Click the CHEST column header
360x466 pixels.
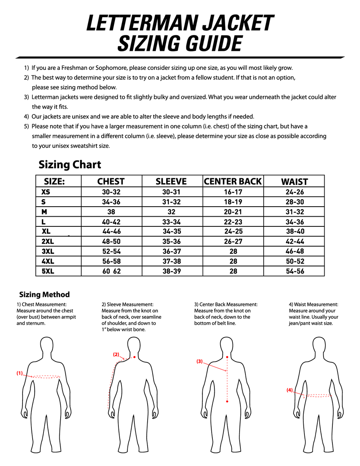tap(111, 182)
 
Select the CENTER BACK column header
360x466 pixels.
tap(233, 181)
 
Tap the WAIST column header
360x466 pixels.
tap(294, 182)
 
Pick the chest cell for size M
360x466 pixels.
tap(111, 212)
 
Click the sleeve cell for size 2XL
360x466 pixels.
tap(172, 242)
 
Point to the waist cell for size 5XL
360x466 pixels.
tap(295, 271)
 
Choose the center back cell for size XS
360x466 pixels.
tap(233, 192)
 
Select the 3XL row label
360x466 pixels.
tap(48, 251)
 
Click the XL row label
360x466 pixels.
tap(46, 231)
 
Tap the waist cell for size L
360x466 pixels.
tap(295, 222)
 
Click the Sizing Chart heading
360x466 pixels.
tap(70, 165)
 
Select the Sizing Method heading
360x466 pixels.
tap(44, 295)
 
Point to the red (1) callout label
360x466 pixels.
tap(19, 373)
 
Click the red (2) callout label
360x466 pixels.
tap(116, 355)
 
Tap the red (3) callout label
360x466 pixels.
tap(199, 361)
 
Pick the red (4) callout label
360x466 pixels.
tap(289, 390)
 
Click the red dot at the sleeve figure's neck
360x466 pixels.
tap(134, 357)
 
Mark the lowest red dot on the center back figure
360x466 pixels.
tap(227, 402)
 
